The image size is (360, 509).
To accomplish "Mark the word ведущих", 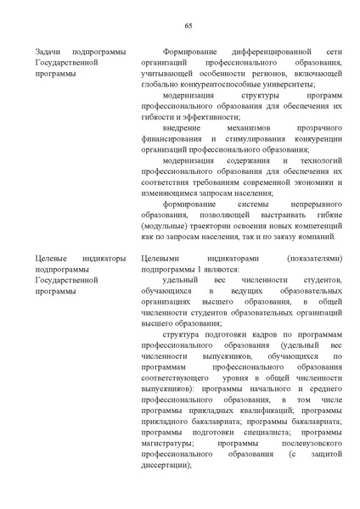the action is tap(233, 289).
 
